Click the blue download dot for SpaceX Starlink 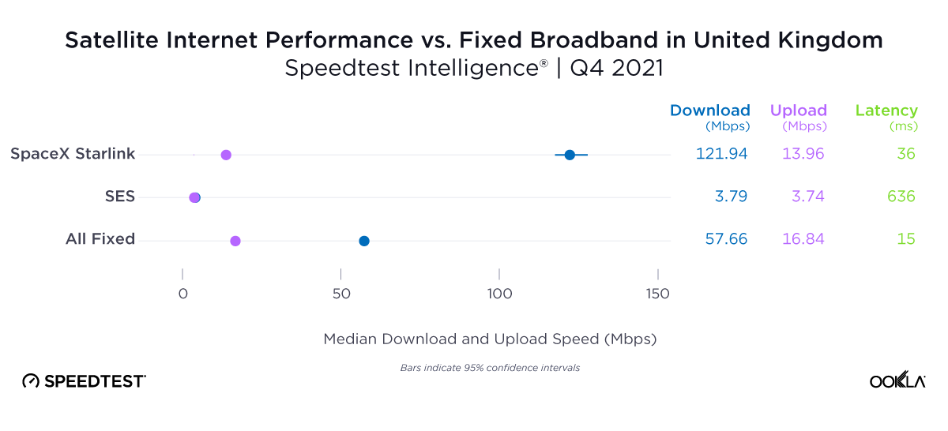[570, 155]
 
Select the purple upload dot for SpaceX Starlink [226, 155]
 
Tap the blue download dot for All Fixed [364, 241]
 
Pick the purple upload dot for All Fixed [235, 241]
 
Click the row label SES [120, 197]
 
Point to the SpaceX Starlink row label [73, 154]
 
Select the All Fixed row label [100, 239]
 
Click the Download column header [709, 111]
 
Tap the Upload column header [799, 111]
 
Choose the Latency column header [886, 111]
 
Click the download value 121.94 [721, 154]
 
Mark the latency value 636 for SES [901, 197]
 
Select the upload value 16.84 [803, 239]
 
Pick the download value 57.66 [726, 239]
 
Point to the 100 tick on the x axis [499, 294]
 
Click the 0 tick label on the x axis [182, 294]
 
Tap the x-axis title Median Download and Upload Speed [490, 339]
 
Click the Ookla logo [897, 380]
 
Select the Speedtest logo [84, 381]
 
